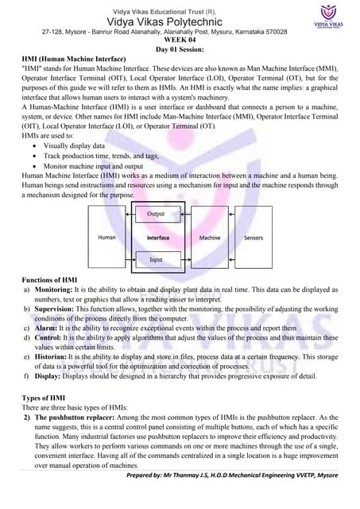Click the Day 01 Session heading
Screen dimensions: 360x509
[180, 49]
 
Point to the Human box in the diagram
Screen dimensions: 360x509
[106, 238]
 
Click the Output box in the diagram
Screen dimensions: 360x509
[157, 215]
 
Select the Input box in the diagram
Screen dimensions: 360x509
[157, 259]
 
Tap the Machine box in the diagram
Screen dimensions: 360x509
[210, 238]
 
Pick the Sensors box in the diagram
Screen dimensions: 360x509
[254, 238]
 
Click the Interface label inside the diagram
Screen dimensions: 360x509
[157, 238]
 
